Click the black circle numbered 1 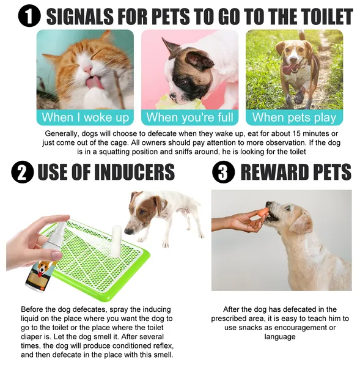29,16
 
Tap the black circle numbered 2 23,172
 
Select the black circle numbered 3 224,172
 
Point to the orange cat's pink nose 88,69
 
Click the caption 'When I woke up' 85,117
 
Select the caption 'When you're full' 189,117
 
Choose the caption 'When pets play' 294,117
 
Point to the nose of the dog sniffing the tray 127,231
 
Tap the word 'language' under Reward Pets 280,337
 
